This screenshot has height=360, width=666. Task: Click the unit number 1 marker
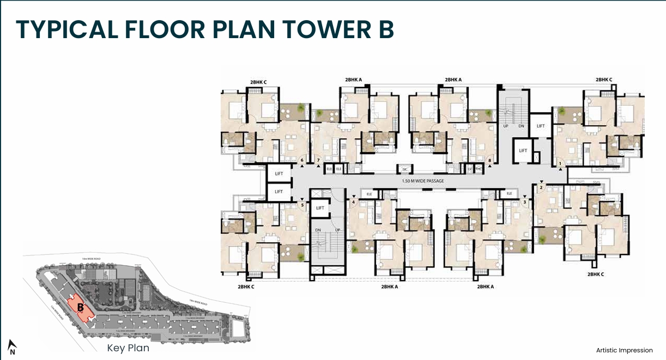(560, 163)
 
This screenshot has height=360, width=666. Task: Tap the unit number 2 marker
(541, 188)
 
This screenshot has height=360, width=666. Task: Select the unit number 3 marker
(524, 202)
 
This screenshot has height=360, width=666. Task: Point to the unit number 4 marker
(353, 203)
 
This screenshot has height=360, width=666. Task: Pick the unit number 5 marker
(302, 205)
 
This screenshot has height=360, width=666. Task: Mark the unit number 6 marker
(302, 160)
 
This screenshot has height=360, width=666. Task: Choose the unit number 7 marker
(318, 160)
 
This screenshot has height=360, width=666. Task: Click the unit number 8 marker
(490, 160)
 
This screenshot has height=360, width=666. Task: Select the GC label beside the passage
(405, 169)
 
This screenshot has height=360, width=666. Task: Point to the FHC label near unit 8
(479, 169)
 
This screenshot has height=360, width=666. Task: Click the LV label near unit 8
(469, 169)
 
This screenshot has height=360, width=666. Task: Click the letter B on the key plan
(80, 307)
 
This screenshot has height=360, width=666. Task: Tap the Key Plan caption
(128, 348)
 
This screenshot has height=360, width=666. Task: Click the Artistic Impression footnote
(625, 350)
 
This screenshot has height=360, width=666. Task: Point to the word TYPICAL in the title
(66, 30)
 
